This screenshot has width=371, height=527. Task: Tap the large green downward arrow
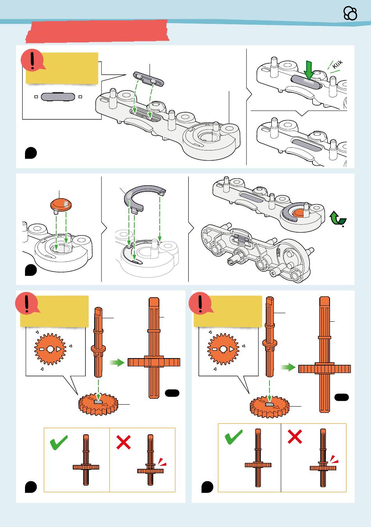(309, 70)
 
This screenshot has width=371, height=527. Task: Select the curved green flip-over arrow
(338, 218)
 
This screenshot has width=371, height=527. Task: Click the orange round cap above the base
(61, 204)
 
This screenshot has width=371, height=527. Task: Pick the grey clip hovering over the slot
(148, 79)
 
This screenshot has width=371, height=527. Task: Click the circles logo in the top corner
(350, 13)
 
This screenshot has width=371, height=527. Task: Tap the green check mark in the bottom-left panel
(59, 442)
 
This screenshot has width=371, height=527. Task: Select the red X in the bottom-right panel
(294, 436)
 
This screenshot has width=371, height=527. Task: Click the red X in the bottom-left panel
(123, 442)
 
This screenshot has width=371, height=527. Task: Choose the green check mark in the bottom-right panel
(234, 437)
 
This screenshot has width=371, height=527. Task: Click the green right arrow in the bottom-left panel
(117, 362)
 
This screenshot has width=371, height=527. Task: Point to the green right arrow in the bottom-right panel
(288, 367)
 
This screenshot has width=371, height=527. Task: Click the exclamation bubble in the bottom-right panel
(200, 303)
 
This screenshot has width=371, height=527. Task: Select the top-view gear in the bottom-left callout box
(50, 349)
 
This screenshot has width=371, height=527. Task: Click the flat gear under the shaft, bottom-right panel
(269, 406)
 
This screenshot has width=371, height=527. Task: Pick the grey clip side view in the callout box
(58, 97)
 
